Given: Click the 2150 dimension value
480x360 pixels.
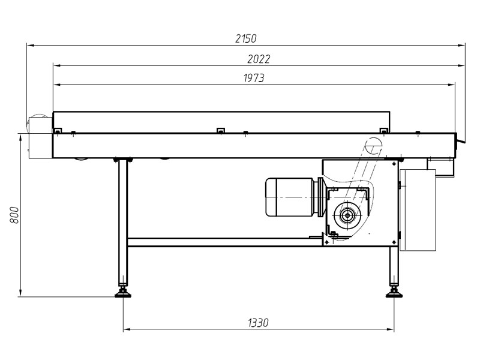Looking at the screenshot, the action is point(246,38).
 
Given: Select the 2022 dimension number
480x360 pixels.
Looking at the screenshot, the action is point(259,59).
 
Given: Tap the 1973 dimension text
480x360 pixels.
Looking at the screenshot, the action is point(254,78).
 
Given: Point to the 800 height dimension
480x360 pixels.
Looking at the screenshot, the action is point(14,215).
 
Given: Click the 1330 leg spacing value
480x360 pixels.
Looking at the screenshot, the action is point(258,323).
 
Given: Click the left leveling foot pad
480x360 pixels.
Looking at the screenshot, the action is point(123,295).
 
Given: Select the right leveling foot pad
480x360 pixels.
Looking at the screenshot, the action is point(394,295).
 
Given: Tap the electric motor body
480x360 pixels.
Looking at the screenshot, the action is point(289,197).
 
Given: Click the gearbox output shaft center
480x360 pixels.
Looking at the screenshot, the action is point(347,215).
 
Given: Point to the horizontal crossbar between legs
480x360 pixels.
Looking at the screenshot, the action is point(224,242).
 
